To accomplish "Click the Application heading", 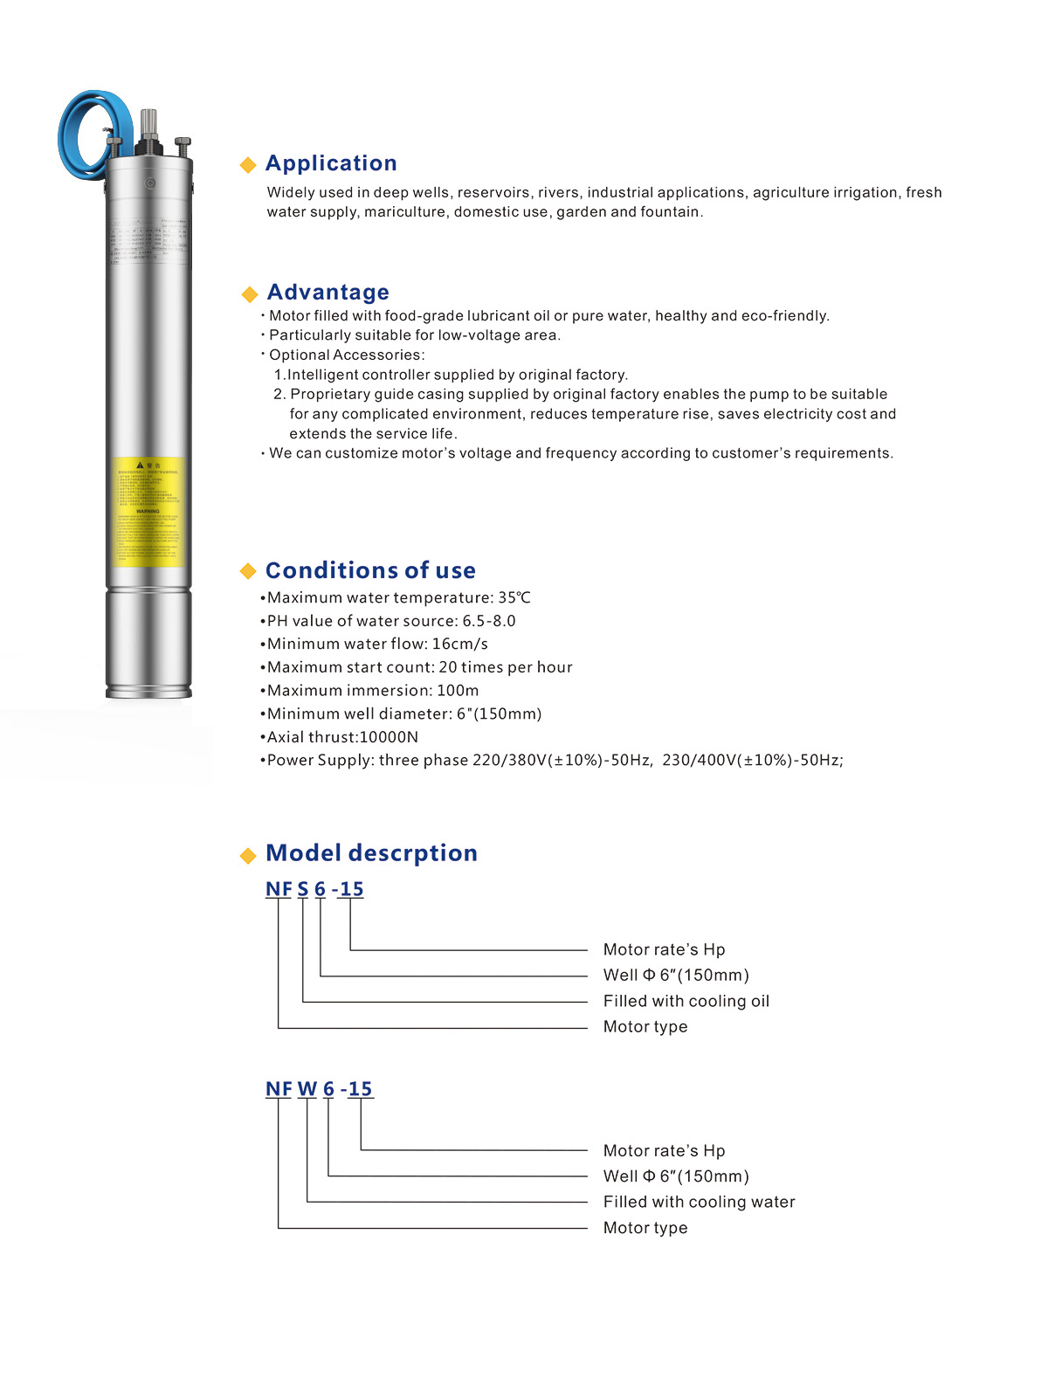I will tap(331, 163).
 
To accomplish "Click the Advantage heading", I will tap(327, 292).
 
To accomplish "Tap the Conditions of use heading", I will tap(370, 570).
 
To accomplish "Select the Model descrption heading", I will tap(371, 853).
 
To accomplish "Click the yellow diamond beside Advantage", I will tap(249, 293).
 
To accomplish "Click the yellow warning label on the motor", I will tap(148, 512).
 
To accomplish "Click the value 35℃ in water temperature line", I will tap(514, 598).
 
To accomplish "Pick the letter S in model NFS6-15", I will tap(303, 889).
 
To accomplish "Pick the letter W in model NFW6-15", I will tap(307, 1089).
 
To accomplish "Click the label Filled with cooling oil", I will tap(686, 1001).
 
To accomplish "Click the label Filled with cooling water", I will tap(699, 1202).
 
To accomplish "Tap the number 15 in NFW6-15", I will tap(360, 1089).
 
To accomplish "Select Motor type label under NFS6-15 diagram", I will tap(645, 1027).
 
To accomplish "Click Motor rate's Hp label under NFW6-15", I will tap(664, 1151).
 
